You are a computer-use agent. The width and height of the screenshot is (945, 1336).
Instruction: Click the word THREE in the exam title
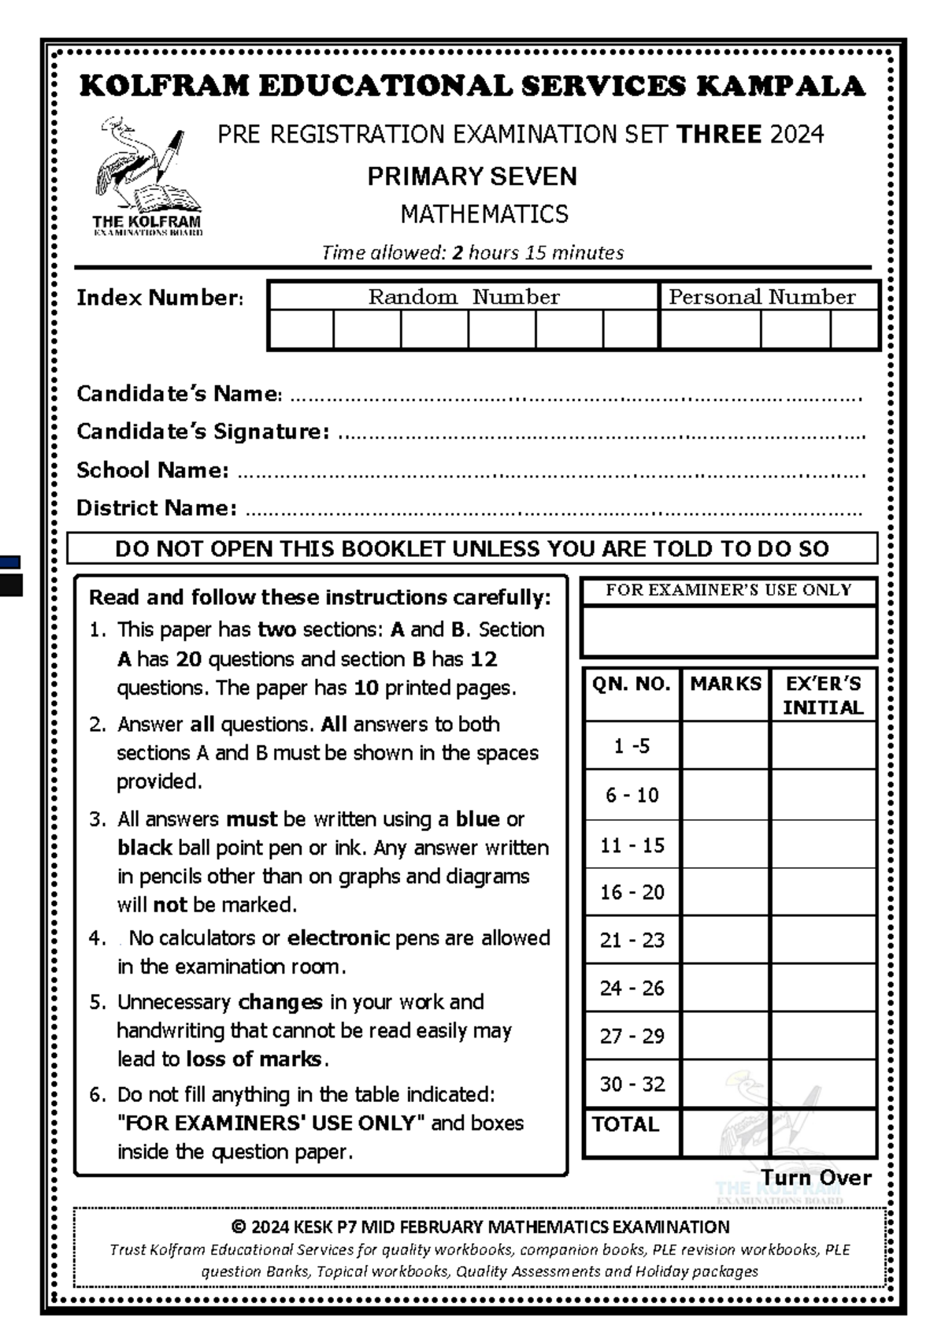[x=717, y=134]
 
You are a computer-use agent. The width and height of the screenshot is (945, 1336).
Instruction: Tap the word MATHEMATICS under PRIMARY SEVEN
[x=484, y=214]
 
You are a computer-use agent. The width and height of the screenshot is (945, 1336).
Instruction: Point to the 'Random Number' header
[x=463, y=297]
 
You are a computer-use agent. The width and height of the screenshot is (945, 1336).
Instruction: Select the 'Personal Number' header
[x=762, y=297]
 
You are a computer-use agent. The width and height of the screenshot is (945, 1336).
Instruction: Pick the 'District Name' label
[x=156, y=508]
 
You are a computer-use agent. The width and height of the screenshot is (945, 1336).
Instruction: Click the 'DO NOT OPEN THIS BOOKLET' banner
[x=472, y=548]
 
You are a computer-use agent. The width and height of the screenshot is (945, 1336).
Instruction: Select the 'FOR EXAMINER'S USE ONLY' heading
[x=728, y=590]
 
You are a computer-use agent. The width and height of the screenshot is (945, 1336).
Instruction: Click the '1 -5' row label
[x=632, y=746]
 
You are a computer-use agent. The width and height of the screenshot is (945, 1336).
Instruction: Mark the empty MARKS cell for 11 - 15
[x=724, y=844]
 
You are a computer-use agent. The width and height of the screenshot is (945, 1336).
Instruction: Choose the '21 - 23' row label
[x=632, y=940]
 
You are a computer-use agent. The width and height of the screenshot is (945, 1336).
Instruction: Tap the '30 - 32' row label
[x=632, y=1084]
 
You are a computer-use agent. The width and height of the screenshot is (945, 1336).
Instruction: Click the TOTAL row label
[x=625, y=1124]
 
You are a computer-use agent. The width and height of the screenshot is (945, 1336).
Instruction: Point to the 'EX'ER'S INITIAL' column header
[x=823, y=696]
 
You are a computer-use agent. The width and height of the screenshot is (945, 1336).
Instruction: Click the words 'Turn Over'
[x=816, y=1178]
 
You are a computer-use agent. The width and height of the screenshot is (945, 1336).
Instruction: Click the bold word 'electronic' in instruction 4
[x=338, y=938]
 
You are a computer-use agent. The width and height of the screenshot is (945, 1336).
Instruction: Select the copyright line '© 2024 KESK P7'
[x=480, y=1227]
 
